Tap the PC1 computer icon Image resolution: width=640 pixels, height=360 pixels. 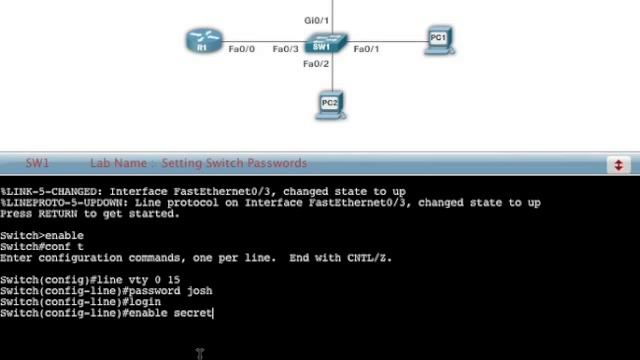438,40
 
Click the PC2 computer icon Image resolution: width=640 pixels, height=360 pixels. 330,104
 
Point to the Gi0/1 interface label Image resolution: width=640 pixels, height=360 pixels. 316,20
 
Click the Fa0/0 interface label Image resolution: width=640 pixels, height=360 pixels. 242,49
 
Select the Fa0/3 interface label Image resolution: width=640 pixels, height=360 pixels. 285,49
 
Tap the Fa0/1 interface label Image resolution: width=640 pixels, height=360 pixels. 366,49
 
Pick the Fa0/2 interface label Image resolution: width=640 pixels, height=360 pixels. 316,64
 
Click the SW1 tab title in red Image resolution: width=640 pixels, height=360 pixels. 38,163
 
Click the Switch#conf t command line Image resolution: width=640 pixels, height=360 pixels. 42,247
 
